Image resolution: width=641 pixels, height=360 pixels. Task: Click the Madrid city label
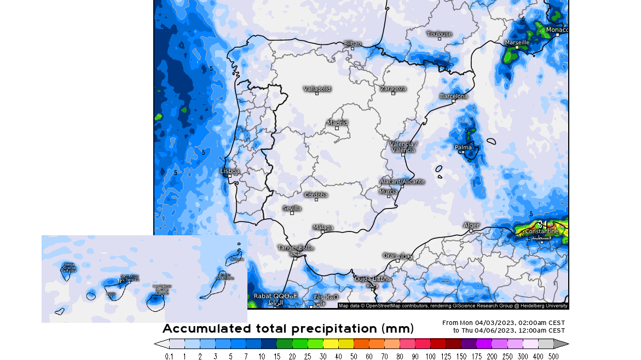click(x=337, y=123)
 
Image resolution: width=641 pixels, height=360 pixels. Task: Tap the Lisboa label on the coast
click(x=229, y=171)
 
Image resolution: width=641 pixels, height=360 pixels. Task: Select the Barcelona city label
click(x=454, y=96)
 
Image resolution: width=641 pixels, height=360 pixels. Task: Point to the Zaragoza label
click(x=393, y=88)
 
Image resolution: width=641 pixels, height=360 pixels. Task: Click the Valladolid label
click(x=317, y=89)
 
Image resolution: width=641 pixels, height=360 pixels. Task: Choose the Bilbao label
click(x=353, y=43)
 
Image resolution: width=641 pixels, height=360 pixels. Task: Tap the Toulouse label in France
click(x=440, y=34)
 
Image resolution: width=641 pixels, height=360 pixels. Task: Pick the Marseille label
click(x=517, y=42)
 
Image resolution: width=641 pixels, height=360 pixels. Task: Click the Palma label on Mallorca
click(x=463, y=147)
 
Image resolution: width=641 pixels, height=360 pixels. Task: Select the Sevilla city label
click(x=292, y=208)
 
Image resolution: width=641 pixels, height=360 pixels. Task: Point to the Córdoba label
click(x=316, y=195)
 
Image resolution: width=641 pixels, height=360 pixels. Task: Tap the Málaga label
click(x=323, y=227)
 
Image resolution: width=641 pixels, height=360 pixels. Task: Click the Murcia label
click(x=389, y=191)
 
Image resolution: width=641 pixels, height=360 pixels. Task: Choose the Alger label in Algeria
click(x=471, y=225)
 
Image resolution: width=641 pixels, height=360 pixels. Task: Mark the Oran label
click(x=390, y=256)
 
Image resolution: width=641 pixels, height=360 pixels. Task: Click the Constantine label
click(x=541, y=231)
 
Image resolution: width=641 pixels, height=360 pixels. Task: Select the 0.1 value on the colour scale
click(x=169, y=356)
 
